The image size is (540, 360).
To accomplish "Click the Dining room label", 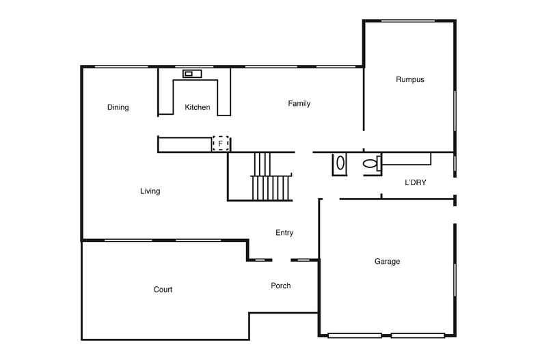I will click(118, 107).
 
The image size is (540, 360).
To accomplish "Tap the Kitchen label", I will click(198, 107).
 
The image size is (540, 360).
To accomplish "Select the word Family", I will click(299, 104).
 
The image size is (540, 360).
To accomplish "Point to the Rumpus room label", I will click(410, 79).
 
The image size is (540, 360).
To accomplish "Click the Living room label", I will click(150, 191).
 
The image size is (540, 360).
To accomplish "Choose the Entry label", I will click(284, 233).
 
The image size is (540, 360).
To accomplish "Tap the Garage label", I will click(387, 262).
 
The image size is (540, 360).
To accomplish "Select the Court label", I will click(163, 290).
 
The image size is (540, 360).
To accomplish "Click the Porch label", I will click(281, 286).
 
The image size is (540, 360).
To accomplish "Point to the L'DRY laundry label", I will click(416, 182).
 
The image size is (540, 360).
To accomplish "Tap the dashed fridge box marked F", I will click(221, 143).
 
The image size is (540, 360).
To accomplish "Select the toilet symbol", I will click(371, 164).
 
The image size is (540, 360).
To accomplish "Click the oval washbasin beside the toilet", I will click(340, 164).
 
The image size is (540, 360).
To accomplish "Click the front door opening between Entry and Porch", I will click(282, 260).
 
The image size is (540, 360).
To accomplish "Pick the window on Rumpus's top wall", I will click(409, 21).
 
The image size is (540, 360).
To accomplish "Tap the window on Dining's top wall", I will click(121, 66).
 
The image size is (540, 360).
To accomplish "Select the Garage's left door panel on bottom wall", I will click(355, 335).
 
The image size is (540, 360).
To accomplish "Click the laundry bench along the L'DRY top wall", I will click(406, 159).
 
